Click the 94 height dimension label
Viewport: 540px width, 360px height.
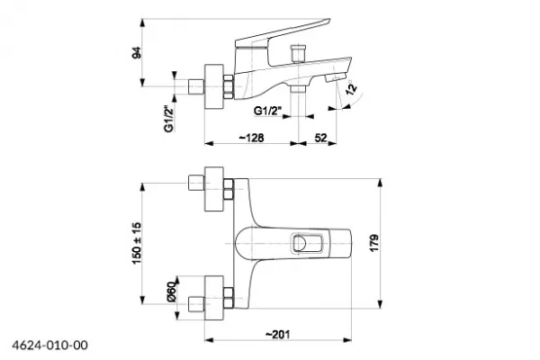[137, 52]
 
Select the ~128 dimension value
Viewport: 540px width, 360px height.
[252, 138]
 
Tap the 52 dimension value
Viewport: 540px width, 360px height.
[320, 138]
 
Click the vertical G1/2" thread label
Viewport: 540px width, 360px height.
[169, 118]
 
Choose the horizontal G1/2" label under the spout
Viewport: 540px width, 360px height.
[267, 111]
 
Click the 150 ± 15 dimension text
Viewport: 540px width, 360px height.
[137, 243]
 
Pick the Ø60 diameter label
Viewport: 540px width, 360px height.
[172, 292]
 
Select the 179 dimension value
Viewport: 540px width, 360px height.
[374, 243]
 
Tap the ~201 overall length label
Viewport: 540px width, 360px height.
[278, 334]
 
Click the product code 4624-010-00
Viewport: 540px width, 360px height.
[50, 345]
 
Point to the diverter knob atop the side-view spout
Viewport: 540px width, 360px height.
[298, 52]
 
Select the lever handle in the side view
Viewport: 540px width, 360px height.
[283, 34]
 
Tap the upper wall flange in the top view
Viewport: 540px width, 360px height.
[214, 189]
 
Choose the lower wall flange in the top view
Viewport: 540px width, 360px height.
[214, 298]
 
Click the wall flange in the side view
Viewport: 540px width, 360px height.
[214, 86]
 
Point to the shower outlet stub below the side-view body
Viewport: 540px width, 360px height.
[298, 89]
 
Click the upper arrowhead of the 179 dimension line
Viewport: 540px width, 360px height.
[380, 183]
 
